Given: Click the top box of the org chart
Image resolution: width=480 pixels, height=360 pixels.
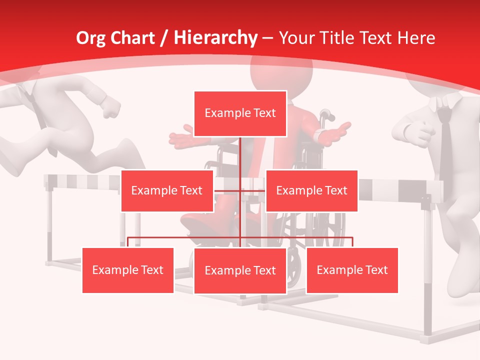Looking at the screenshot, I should (240, 113).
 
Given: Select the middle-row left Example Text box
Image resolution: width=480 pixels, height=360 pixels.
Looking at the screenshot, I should (167, 190).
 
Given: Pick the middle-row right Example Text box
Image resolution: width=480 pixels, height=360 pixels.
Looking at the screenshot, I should (311, 190).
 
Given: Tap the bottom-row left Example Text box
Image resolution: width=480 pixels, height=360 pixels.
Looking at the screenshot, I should (128, 270).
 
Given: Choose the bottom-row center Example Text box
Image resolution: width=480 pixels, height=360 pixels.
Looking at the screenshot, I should (240, 270).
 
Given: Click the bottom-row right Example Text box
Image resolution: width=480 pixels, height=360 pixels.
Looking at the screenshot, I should (352, 270).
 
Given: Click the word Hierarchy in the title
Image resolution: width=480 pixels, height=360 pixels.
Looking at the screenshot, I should (215, 38).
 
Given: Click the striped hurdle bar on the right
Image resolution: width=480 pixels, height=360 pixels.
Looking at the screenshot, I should (400, 188).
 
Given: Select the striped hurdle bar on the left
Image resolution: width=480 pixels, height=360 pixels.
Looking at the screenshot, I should (82, 182).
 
